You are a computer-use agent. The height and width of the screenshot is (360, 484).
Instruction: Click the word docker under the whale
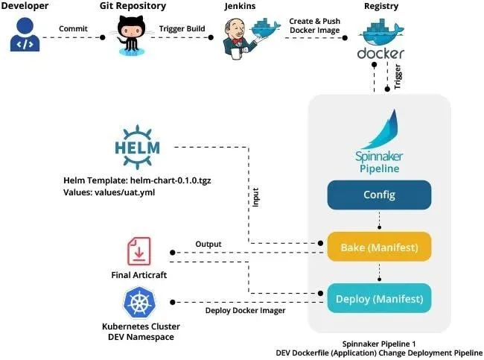[380, 53]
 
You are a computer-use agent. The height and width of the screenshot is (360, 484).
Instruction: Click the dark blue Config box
[379, 195]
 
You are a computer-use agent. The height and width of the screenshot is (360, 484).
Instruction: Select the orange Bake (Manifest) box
[379, 247]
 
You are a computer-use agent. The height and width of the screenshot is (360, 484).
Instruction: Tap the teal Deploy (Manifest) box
[379, 299]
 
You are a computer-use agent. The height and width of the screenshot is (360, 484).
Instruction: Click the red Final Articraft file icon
[139, 252]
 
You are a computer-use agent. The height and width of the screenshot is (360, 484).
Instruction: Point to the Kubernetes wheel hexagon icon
[138, 304]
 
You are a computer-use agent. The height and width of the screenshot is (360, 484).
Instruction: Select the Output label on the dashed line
[208, 244]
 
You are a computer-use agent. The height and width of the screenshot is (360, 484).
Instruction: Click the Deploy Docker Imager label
[245, 310]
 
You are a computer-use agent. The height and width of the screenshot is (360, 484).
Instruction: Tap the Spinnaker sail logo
[379, 131]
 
